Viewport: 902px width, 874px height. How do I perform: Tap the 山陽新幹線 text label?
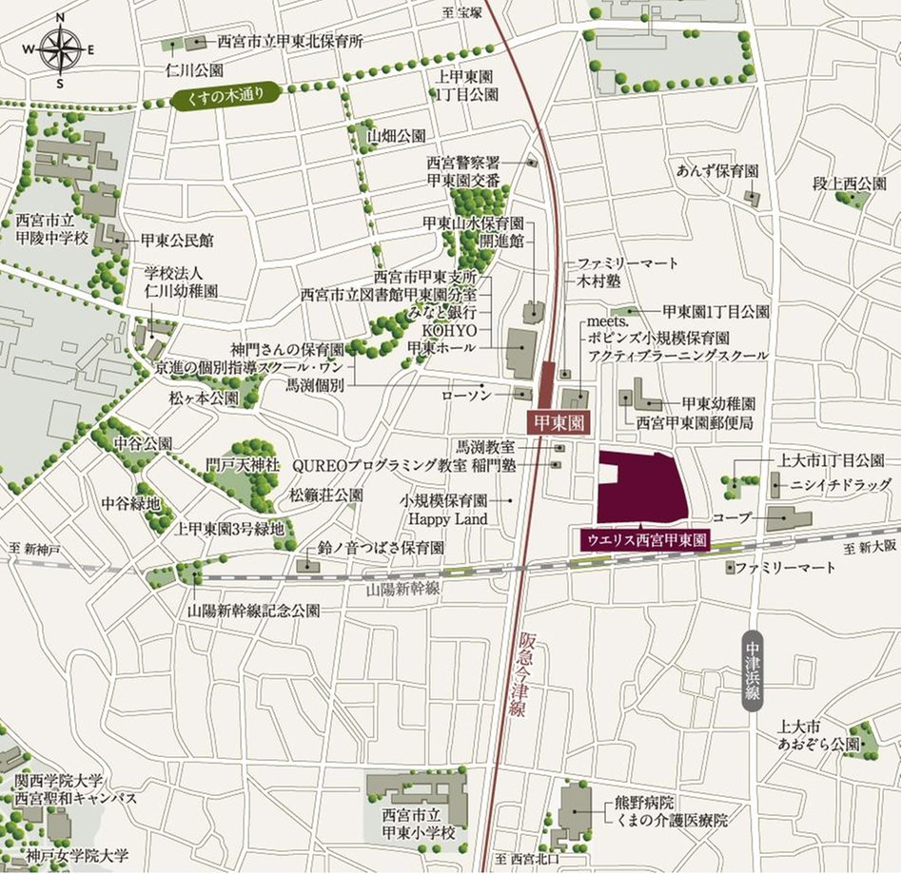(x=402, y=590)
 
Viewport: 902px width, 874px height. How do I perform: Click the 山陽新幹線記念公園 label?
(x=254, y=611)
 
